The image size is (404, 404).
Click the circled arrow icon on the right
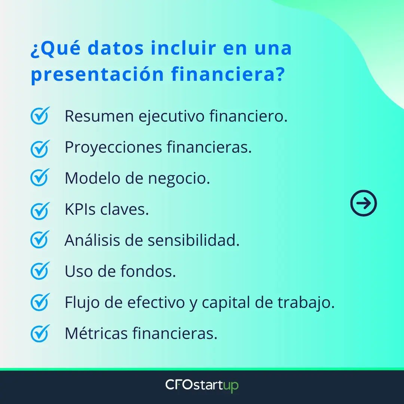tap(364, 203)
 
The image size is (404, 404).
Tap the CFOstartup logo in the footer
tap(202, 386)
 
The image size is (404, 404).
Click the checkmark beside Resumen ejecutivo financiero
tap(40, 116)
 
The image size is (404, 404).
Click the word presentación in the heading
tap(97, 74)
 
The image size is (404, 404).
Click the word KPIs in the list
tap(80, 209)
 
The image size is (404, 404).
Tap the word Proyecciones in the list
tap(113, 147)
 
